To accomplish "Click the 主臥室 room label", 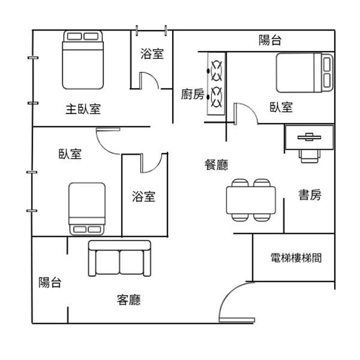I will pyautogui.click(x=83, y=109).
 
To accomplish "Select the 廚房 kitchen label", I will pyautogui.click(x=192, y=94).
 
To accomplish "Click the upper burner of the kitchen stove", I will pyautogui.click(x=216, y=68).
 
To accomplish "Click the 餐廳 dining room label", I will pyautogui.click(x=216, y=165).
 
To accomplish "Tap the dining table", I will pyautogui.click(x=251, y=200).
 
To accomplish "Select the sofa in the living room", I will pyautogui.click(x=119, y=259).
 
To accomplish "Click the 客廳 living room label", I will pyautogui.click(x=128, y=300).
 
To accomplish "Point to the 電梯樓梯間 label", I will pyautogui.click(x=296, y=258).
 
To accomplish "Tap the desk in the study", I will pyautogui.click(x=309, y=137).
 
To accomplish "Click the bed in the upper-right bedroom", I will pyautogui.click(x=305, y=72).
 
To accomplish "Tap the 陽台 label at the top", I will pyautogui.click(x=270, y=40).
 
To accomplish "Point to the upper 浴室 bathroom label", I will pyautogui.click(x=152, y=54).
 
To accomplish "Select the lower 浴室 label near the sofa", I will pyautogui.click(x=144, y=196).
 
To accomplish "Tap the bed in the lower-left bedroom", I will pyautogui.click(x=87, y=208).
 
